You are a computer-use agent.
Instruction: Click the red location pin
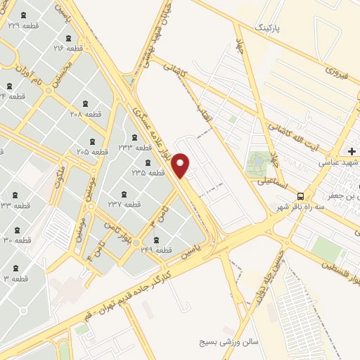pos(181,165)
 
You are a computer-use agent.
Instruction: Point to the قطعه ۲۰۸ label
pos(86,112)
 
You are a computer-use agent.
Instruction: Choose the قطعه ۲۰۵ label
pos(92,151)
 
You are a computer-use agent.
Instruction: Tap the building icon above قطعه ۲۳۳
pos(135,136)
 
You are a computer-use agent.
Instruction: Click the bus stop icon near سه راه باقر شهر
pos(301,196)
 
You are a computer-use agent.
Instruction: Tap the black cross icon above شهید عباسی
pos(352,151)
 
